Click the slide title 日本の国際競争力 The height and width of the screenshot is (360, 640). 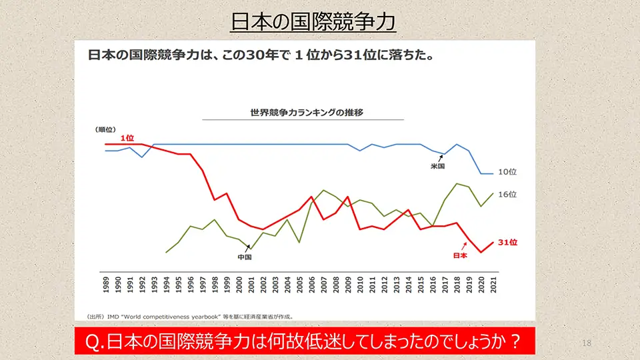[313, 22]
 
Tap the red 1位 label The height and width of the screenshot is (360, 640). [127, 137]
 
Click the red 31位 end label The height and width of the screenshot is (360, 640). [507, 243]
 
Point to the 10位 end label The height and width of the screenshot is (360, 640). [507, 172]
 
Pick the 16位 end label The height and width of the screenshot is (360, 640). [507, 195]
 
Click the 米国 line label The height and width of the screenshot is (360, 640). [437, 166]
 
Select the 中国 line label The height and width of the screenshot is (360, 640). [245, 257]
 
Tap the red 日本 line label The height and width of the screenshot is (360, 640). [459, 255]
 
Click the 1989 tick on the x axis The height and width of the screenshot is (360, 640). [106, 283]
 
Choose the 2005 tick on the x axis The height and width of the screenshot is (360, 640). [300, 283]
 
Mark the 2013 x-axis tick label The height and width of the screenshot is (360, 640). [397, 283]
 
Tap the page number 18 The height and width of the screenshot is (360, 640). [587, 343]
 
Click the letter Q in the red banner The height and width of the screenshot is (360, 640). [94, 341]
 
